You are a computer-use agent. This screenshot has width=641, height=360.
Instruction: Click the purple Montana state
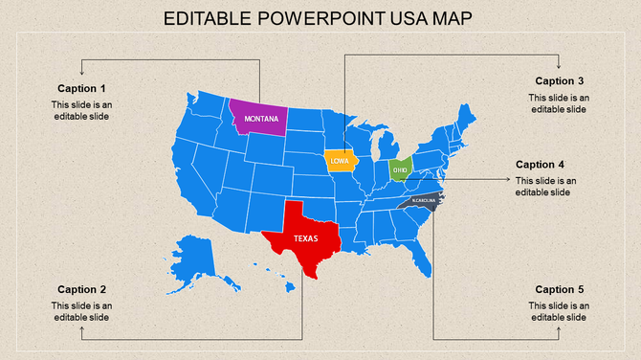[x=258, y=118]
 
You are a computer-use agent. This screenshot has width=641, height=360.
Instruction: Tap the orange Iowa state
[x=340, y=161]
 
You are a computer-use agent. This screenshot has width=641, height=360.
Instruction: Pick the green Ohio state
[x=400, y=169]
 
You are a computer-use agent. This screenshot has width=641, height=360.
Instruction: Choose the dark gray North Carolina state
[x=423, y=201]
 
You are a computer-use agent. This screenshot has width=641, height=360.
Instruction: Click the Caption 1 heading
[x=81, y=89]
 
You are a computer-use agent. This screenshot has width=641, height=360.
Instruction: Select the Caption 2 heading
[x=81, y=289]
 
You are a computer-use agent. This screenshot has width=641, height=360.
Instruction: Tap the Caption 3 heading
[x=560, y=80]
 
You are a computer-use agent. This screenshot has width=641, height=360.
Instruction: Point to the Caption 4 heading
[x=541, y=164]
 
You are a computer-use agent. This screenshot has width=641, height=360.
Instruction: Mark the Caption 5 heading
[x=560, y=289]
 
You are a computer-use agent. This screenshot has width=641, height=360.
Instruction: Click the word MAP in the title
[x=453, y=19]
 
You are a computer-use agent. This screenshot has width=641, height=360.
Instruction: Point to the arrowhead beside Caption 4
[x=507, y=178]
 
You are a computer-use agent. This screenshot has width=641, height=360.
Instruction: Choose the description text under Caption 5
[x=560, y=311]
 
